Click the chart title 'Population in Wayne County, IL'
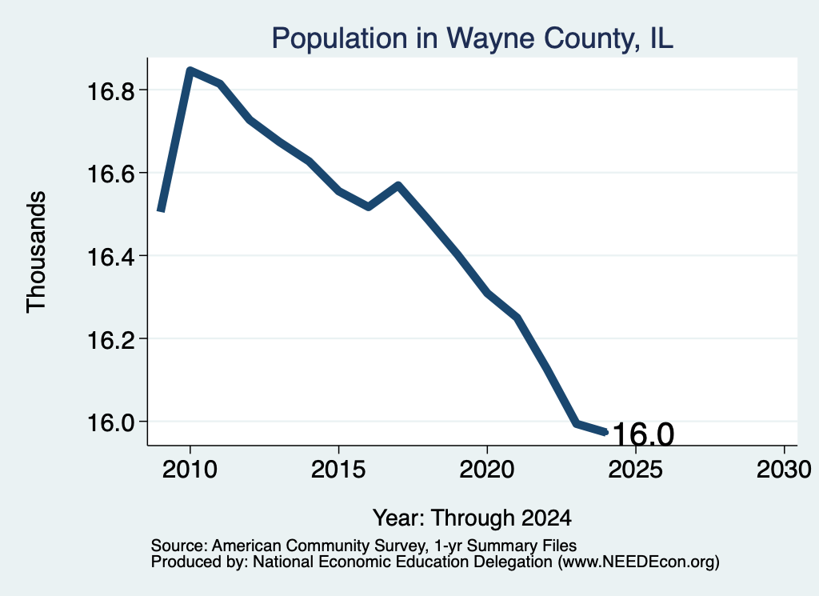pyautogui.click(x=472, y=38)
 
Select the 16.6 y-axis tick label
pyautogui.click(x=110, y=174)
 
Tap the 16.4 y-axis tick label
pyautogui.click(x=110, y=257)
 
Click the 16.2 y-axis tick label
pyautogui.click(x=110, y=340)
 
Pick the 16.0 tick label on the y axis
pyautogui.click(x=110, y=422)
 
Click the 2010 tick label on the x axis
pyautogui.click(x=190, y=470)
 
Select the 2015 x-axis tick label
pyautogui.click(x=338, y=470)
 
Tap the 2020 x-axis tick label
pyautogui.click(x=487, y=470)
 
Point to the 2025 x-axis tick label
pyautogui.click(x=635, y=470)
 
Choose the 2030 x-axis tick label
pyautogui.click(x=784, y=470)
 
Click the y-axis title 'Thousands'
pyautogui.click(x=36, y=252)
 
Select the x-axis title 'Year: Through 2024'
pyautogui.click(x=472, y=518)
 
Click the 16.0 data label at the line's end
pyautogui.click(x=643, y=434)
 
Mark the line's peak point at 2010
pyautogui.click(x=190, y=70)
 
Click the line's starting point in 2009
pyautogui.click(x=161, y=211)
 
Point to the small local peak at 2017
pyautogui.click(x=398, y=185)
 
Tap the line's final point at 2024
pyautogui.click(x=605, y=432)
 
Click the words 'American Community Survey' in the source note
pyautogui.click(x=318, y=546)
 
